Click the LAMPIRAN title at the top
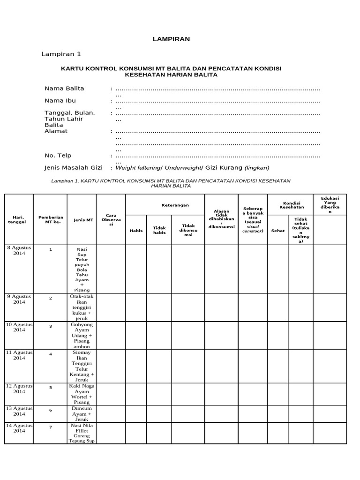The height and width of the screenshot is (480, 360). (x=171, y=39)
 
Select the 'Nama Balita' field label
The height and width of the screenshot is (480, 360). (x=64, y=88)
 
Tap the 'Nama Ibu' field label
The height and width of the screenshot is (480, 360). (x=60, y=100)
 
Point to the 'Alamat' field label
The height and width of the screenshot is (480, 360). (x=56, y=131)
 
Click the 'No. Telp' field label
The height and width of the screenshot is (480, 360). (x=58, y=156)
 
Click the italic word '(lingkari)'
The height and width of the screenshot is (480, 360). (x=257, y=168)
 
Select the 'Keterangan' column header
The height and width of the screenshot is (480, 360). (x=165, y=205)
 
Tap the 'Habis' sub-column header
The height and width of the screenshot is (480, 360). (x=136, y=230)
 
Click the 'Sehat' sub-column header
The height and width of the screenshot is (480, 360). (x=278, y=230)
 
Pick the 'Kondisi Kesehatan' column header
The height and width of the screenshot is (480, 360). (x=292, y=204)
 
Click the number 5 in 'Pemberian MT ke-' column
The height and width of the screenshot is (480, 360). (x=51, y=388)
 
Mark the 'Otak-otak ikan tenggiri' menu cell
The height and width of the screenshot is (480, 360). (x=82, y=307)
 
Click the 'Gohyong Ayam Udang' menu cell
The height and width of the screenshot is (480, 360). (x=82, y=336)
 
